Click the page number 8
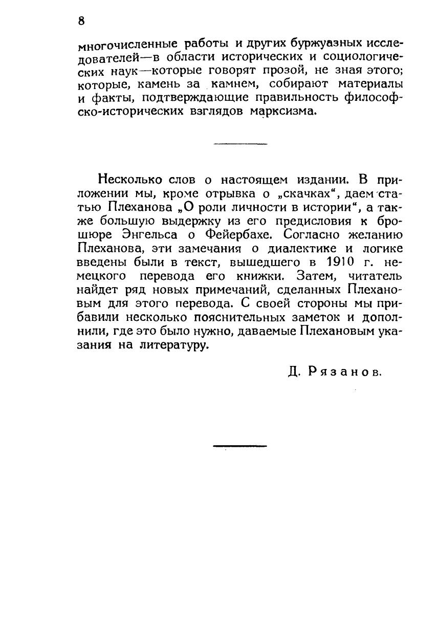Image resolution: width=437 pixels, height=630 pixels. pos(81,21)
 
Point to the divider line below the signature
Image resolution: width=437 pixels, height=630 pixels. pos(239,447)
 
